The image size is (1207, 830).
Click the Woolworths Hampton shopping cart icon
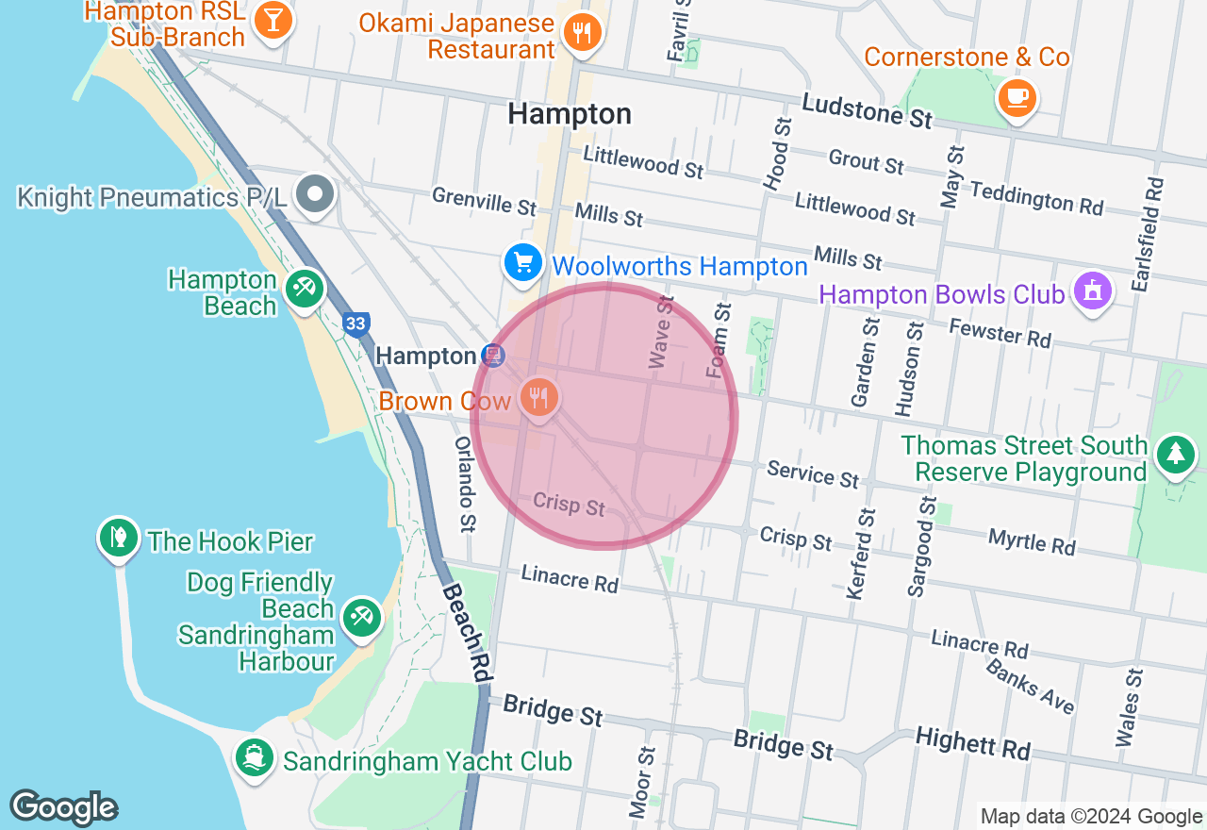point(521,263)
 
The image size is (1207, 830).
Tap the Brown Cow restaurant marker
point(538,397)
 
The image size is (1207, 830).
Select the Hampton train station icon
point(491,356)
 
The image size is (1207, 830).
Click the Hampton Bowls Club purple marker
point(1092,290)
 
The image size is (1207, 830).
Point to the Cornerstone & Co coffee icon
point(1017,96)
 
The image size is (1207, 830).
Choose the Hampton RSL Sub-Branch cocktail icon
point(273,21)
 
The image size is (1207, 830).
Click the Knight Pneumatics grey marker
point(315,195)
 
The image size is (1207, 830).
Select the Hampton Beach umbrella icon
point(304,288)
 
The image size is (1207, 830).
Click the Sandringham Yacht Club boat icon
point(254,758)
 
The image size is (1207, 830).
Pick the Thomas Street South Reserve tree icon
point(1175,454)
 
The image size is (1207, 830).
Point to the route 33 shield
point(355,324)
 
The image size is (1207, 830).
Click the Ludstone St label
point(867,110)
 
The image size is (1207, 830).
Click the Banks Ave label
point(1031,685)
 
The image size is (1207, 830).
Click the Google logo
point(63,807)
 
